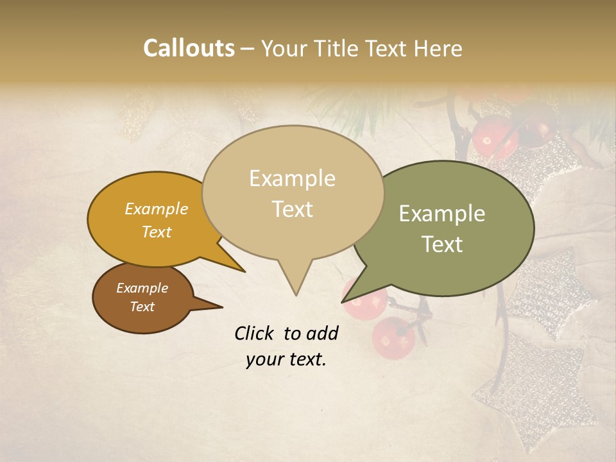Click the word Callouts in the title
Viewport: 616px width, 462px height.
189,48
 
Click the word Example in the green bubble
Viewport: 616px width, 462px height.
442,214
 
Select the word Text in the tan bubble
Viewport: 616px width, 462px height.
293,209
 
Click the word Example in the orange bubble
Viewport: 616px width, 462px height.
157,209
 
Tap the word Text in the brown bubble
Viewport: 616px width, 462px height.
142,307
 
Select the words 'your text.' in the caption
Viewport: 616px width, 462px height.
286,359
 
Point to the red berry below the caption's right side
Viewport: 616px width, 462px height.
393,338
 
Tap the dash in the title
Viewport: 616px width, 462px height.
248,48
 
